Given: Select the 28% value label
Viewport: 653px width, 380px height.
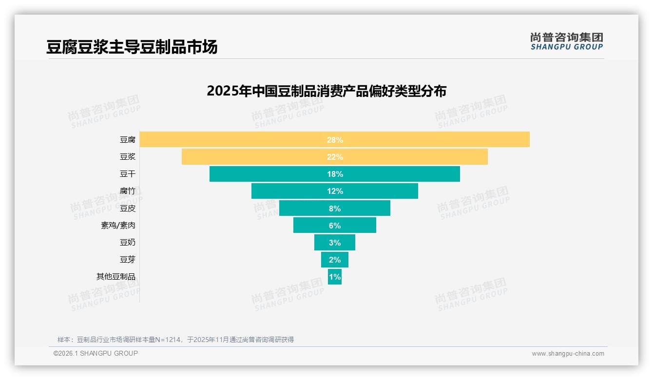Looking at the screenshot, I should tap(335, 140).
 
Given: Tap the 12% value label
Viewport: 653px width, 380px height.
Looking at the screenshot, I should tap(335, 191).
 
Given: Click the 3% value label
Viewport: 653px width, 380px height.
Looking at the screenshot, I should tap(335, 243).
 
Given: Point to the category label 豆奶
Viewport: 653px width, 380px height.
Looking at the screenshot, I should tap(128, 242).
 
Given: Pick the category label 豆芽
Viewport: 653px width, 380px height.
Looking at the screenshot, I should tap(128, 259).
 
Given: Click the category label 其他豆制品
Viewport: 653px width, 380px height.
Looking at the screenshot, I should tap(116, 277).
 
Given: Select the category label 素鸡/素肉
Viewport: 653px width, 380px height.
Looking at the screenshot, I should tap(118, 226).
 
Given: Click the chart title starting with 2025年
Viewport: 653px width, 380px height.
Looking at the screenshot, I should tap(326, 91).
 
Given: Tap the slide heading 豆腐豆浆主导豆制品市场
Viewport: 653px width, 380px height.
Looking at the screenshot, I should tap(132, 47).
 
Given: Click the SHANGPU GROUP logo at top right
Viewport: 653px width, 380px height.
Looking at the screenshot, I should tap(566, 41).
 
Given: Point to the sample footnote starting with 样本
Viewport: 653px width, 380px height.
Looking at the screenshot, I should tap(175, 340).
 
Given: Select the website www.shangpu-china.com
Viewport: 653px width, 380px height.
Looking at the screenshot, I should tap(568, 354).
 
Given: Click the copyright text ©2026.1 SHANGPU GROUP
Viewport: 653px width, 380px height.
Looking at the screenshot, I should tap(96, 353).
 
